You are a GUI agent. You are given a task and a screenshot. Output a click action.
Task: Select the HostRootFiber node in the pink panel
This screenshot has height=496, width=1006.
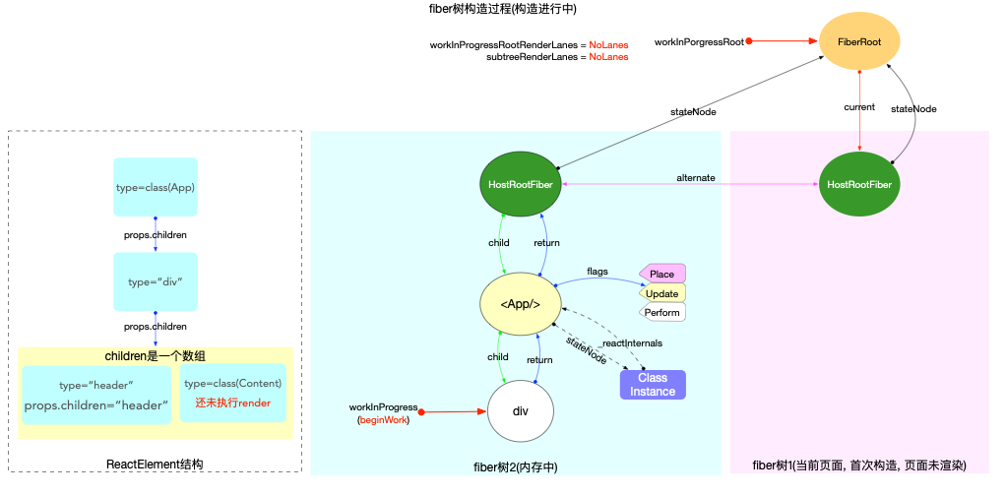[x=860, y=183]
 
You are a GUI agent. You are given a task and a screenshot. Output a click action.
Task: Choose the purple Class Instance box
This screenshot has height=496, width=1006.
[x=653, y=385]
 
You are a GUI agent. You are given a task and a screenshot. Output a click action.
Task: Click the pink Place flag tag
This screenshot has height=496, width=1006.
[x=662, y=274]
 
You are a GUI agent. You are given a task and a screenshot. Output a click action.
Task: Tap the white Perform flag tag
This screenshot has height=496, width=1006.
[x=661, y=313]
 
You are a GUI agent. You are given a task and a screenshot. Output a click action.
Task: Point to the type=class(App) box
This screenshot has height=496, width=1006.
[x=156, y=187]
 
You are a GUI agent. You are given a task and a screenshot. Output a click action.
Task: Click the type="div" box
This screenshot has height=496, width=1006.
[x=156, y=282]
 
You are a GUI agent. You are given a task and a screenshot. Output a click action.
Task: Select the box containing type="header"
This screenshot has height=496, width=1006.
[x=96, y=395]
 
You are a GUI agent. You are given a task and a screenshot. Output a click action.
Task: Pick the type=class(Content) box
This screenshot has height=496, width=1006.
[x=232, y=393]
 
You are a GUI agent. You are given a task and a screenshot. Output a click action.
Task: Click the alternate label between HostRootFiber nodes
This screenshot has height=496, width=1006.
[x=696, y=177]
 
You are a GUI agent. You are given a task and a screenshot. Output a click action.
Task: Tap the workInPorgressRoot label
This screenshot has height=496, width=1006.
[x=699, y=42]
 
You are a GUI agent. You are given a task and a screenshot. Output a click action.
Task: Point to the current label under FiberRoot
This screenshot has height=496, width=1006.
[x=860, y=105]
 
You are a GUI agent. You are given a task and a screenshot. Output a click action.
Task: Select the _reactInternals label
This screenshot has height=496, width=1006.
[x=632, y=343]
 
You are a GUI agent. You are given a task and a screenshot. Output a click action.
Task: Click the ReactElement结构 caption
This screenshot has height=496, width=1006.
[x=155, y=464]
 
